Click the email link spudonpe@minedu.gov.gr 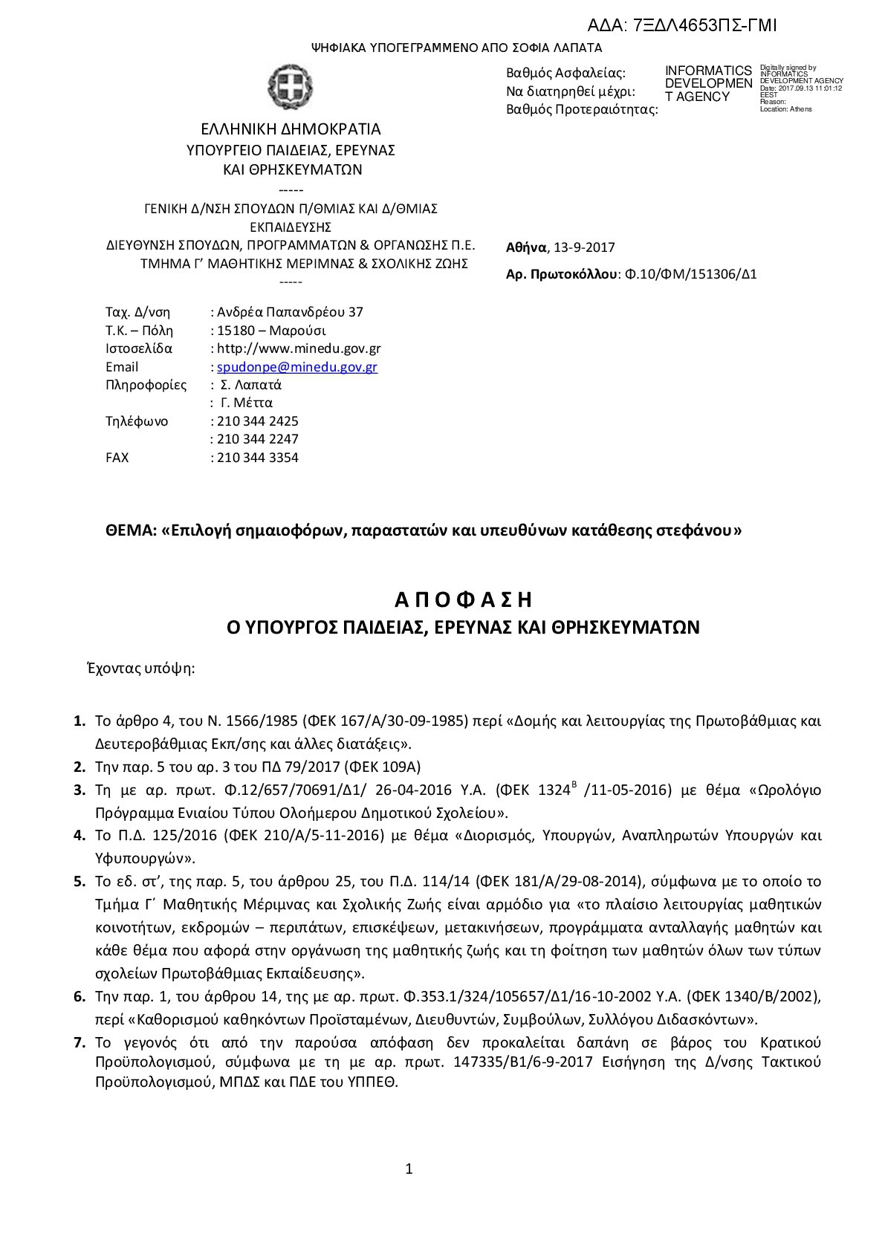[296, 367]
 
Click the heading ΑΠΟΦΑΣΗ [464, 599]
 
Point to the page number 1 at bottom [409, 1169]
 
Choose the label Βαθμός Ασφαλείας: [565, 73]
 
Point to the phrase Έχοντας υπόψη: [141, 668]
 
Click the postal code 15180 [233, 331]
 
